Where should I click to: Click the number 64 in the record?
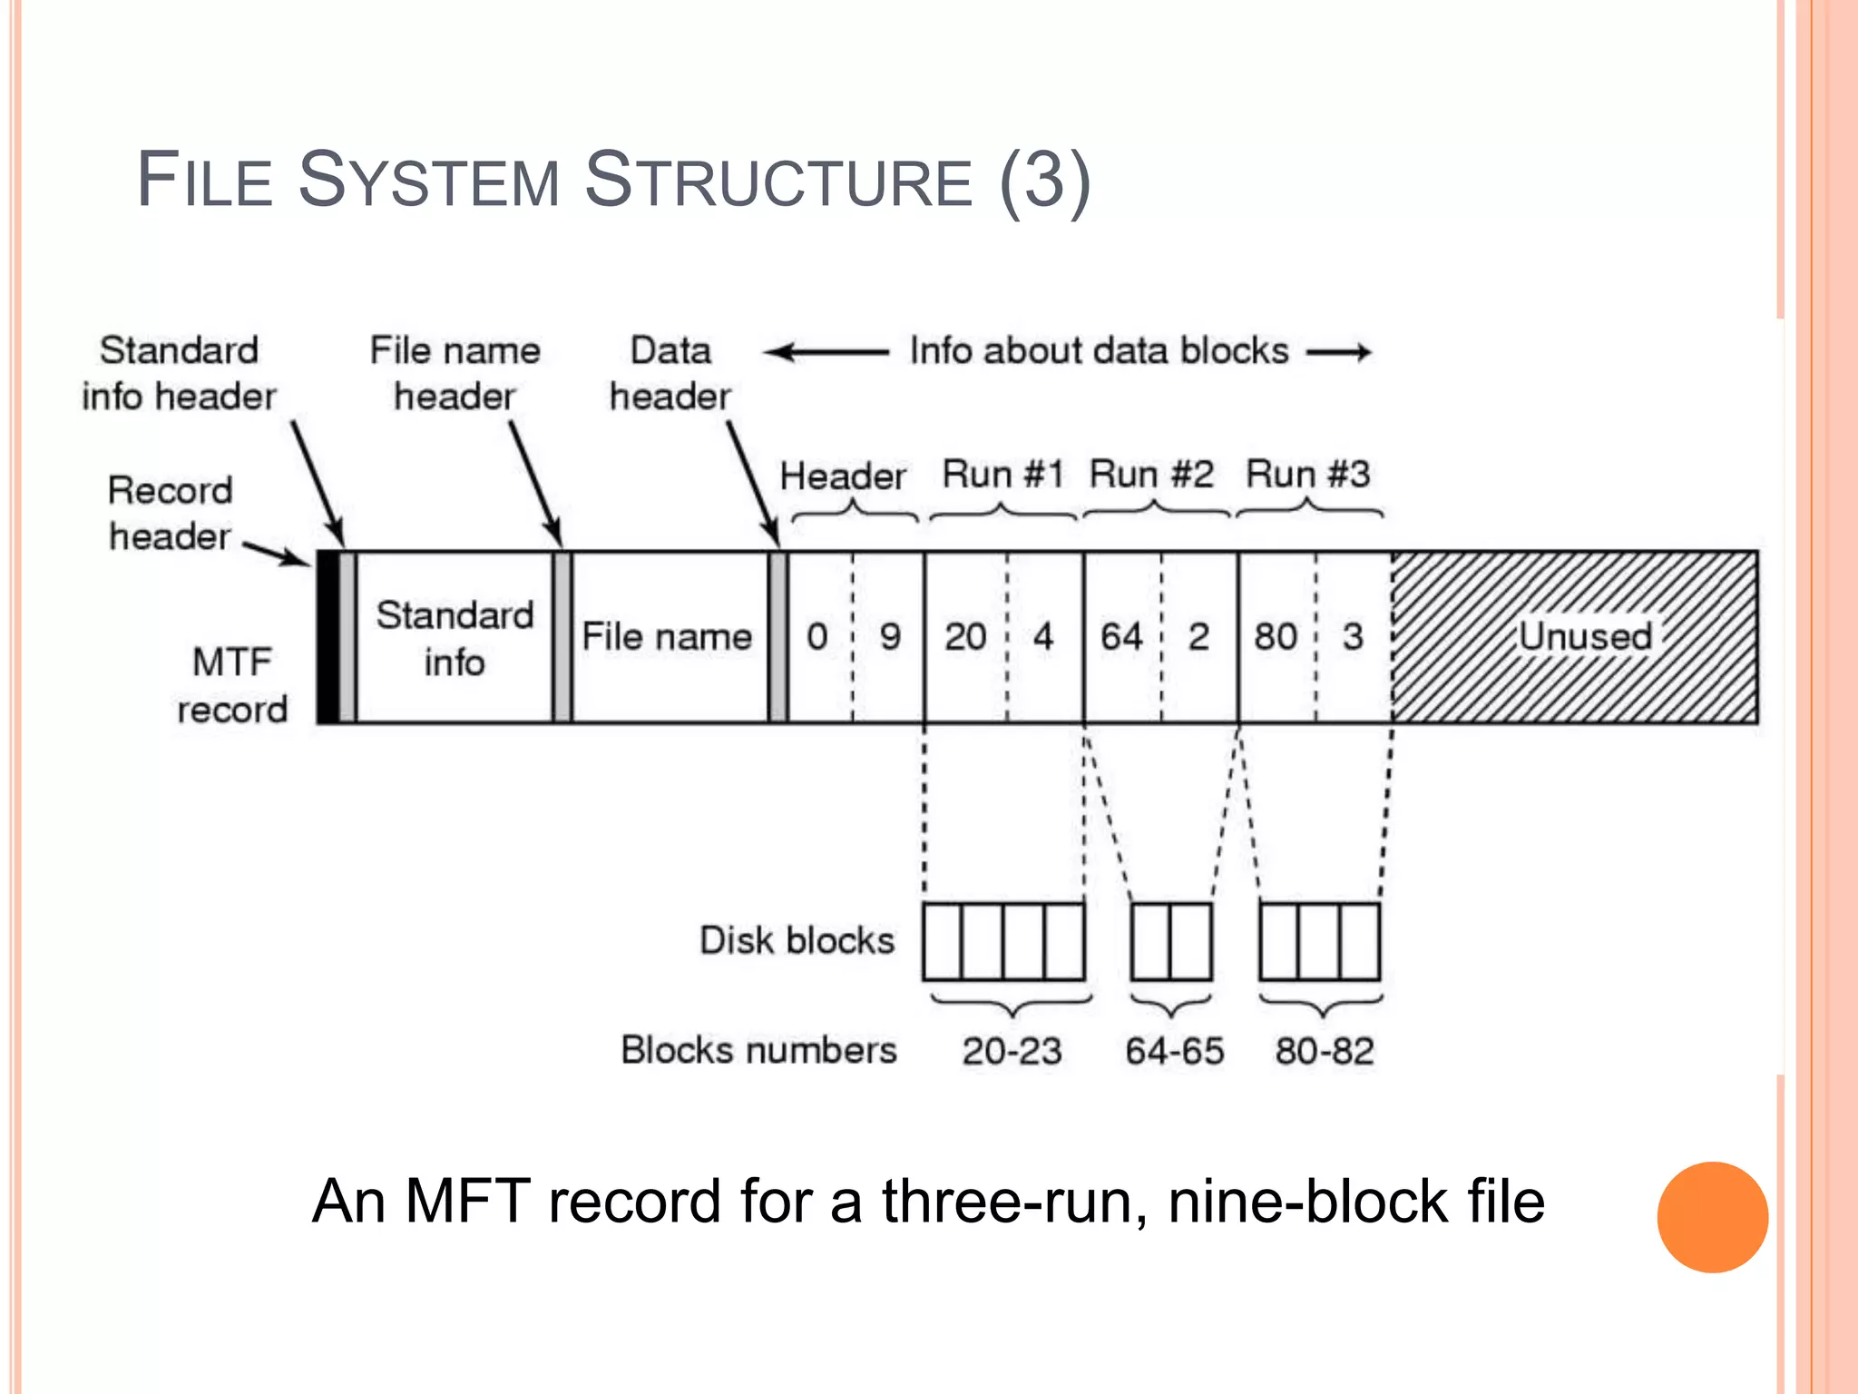(1121, 636)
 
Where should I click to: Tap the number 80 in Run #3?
(1276, 636)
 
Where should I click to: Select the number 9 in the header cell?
(890, 636)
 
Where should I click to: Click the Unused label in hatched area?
(1585, 635)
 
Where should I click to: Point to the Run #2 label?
(1150, 474)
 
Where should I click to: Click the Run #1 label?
(1002, 474)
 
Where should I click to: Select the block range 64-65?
(1174, 1051)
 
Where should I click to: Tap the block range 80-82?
(1324, 1051)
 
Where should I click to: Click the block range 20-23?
(1012, 1051)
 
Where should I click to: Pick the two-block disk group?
(1171, 941)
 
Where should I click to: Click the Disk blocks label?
(797, 940)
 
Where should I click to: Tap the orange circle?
(1712, 1217)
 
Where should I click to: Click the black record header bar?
(328, 636)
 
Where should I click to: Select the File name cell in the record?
(667, 636)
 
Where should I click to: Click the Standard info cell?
(455, 638)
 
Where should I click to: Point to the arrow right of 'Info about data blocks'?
(1339, 352)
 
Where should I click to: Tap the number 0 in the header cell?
(817, 636)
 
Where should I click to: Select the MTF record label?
(232, 685)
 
